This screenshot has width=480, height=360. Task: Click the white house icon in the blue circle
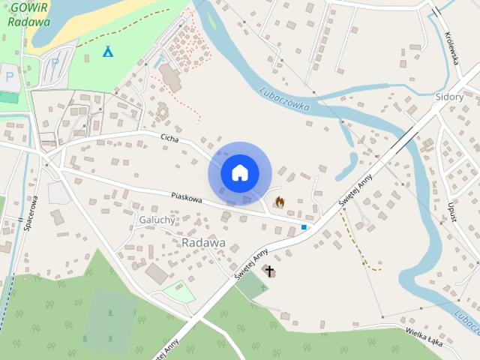pyautogui.click(x=239, y=173)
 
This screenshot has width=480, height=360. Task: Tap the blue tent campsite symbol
pyautogui.click(x=108, y=52)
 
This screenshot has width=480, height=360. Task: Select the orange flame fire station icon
pyautogui.click(x=280, y=202)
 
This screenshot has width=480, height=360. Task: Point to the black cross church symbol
pyautogui.click(x=269, y=271)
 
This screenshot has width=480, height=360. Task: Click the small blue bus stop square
pyautogui.click(x=304, y=226)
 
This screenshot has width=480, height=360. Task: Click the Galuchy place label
pyautogui.click(x=157, y=220)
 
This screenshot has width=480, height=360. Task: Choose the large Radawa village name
pyautogui.click(x=204, y=243)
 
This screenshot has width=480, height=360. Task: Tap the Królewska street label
pyautogui.click(x=451, y=47)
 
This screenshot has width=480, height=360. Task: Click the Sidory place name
pyautogui.click(x=449, y=97)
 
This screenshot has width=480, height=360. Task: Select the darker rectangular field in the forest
pyautogui.click(x=110, y=319)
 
